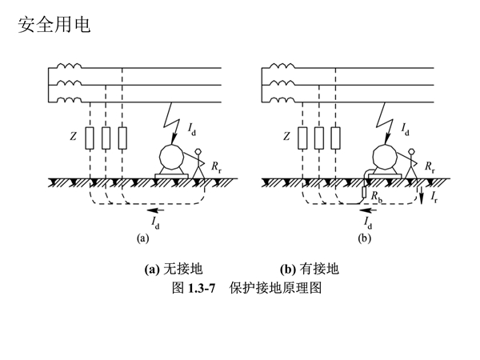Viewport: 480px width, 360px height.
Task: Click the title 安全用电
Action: pyautogui.click(x=54, y=25)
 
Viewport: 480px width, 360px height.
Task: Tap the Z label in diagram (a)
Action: pyautogui.click(x=73, y=136)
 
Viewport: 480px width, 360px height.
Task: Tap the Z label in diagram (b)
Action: pyautogui.click(x=286, y=136)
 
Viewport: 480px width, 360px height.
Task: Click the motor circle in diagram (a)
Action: pyautogui.click(x=172, y=157)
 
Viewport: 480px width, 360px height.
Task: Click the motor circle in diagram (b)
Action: pyautogui.click(x=386, y=157)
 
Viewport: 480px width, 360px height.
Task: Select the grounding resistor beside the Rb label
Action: pyautogui.click(x=364, y=192)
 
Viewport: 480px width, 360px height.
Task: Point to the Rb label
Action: pyautogui.click(x=377, y=196)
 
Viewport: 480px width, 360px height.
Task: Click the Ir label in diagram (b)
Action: pyautogui.click(x=434, y=197)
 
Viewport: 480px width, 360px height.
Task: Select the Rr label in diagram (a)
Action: pyautogui.click(x=216, y=167)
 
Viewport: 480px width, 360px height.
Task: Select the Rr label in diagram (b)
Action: pyautogui.click(x=430, y=167)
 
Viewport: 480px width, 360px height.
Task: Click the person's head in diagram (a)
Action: pyautogui.click(x=198, y=151)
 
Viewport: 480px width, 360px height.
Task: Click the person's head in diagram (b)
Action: pyautogui.click(x=412, y=151)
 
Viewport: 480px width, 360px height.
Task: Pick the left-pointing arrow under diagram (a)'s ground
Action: pyautogui.click(x=155, y=210)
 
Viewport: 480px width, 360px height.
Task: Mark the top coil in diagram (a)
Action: pyautogui.click(x=69, y=66)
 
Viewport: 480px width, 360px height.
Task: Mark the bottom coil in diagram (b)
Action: pyautogui.click(x=282, y=99)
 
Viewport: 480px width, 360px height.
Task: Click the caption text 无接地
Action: pyautogui.click(x=183, y=269)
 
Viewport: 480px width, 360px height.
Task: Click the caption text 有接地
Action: pyautogui.click(x=319, y=269)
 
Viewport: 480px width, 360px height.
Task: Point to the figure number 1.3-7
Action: pyautogui.click(x=202, y=288)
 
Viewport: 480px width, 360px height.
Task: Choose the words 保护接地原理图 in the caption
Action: pyautogui.click(x=275, y=288)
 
